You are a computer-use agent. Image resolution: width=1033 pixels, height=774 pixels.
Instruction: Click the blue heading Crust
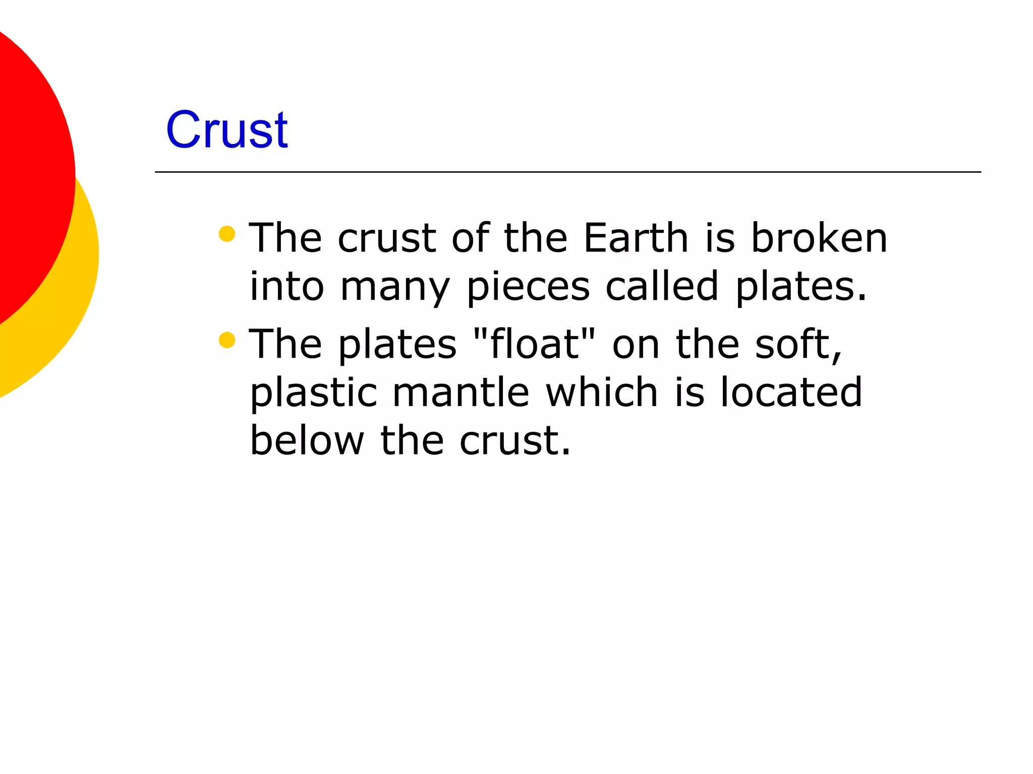227,130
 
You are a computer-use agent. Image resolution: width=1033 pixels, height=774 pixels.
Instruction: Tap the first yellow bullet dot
227,234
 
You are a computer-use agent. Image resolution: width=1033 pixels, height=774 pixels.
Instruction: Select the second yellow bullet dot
227,340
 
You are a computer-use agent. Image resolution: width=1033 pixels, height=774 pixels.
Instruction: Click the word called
661,286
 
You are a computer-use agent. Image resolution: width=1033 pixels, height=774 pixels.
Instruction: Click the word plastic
313,392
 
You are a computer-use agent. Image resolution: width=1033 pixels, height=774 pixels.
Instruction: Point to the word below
307,440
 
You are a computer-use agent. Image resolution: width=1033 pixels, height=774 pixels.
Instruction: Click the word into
286,286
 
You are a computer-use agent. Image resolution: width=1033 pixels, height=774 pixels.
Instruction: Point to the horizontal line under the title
567,172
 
